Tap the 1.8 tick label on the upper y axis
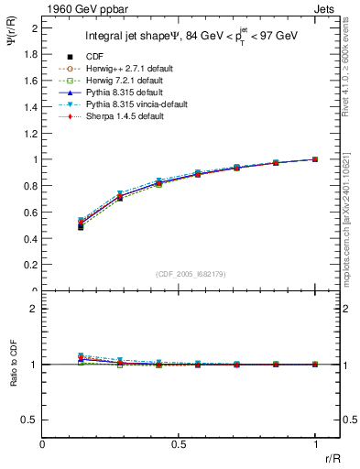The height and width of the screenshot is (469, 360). pos(30,54)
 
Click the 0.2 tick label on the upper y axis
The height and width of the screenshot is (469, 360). pos(30,265)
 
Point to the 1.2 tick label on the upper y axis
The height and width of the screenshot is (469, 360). pos(30,133)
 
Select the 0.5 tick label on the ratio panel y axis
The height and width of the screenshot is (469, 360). pos(30,420)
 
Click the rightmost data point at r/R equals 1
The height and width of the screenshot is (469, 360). pos(315,159)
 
